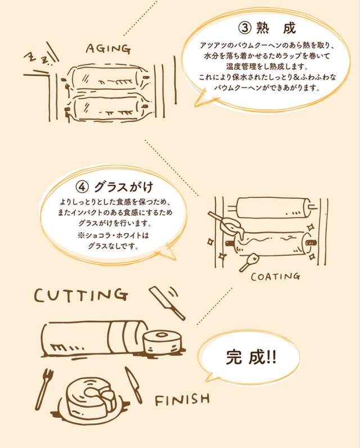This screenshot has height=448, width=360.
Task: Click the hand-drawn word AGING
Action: click(109, 48)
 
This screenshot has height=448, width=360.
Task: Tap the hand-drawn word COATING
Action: click(276, 277)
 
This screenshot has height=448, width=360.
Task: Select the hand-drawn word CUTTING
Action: click(81, 295)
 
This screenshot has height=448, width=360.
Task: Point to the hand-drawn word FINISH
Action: click(182, 400)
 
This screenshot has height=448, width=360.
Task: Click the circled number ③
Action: click(245, 28)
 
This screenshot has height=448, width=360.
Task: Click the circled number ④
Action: click(82, 187)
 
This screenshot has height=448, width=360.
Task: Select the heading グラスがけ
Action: click(124, 187)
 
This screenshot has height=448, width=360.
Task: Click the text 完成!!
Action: click(251, 357)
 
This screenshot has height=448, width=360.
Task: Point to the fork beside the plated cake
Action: click(43, 388)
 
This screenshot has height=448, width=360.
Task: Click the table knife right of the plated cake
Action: click(133, 385)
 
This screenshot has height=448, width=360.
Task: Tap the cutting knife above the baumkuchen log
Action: click(167, 303)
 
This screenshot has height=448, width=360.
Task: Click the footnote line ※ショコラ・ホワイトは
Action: click(113, 236)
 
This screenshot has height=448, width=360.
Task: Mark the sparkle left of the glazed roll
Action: click(210, 242)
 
